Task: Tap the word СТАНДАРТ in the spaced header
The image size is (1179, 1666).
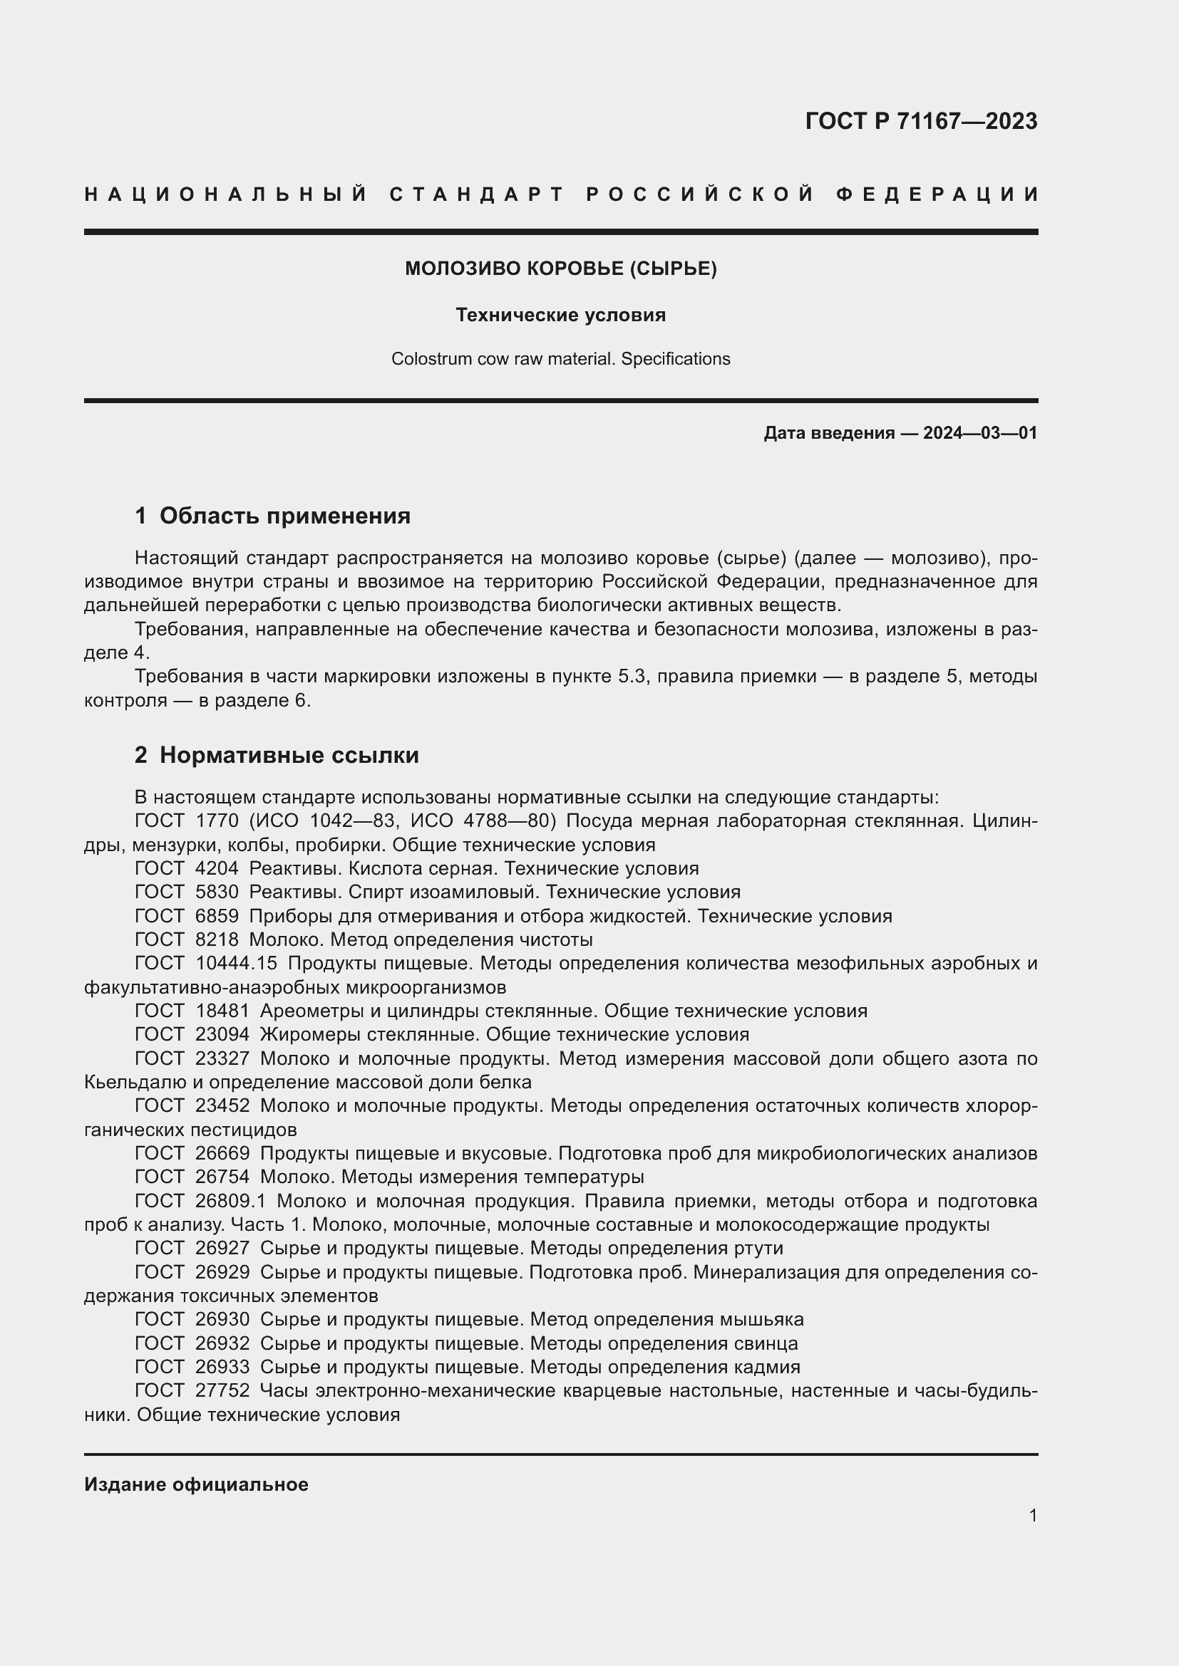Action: click(476, 194)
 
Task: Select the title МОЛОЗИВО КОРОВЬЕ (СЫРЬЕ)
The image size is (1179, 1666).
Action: click(560, 269)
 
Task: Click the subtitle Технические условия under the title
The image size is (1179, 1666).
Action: click(560, 315)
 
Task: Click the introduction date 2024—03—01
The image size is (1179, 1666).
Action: click(979, 433)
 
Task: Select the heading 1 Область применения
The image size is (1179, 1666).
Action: click(272, 516)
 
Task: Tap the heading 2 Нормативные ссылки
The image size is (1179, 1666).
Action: click(277, 755)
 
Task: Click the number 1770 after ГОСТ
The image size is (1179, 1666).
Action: click(217, 821)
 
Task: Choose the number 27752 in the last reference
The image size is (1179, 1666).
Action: click(222, 1390)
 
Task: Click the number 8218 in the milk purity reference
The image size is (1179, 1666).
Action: click(217, 939)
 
